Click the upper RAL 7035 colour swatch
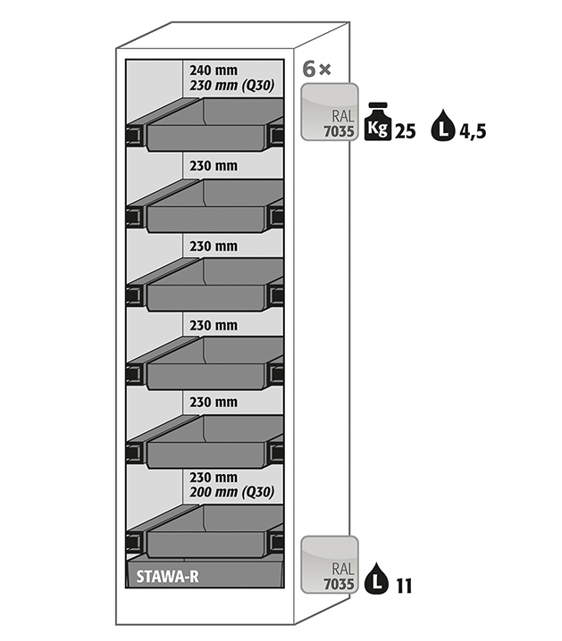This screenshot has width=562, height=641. pyautogui.click(x=331, y=112)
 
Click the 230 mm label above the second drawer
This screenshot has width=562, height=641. pyautogui.click(x=214, y=165)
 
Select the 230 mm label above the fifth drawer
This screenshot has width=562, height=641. pyautogui.click(x=214, y=402)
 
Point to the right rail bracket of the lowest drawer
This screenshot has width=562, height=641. pyautogui.click(x=276, y=540)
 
